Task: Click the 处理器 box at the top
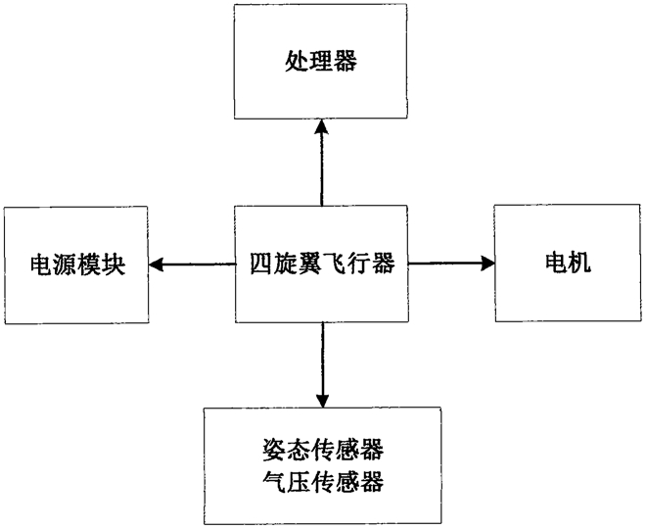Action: tap(321, 62)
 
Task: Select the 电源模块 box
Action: tap(76, 265)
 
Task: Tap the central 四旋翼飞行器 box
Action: tap(321, 264)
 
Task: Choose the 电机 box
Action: tap(568, 263)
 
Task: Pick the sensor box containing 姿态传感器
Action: tap(322, 465)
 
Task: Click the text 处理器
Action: tap(321, 62)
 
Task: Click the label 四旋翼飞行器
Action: tap(322, 263)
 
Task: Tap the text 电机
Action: tap(568, 262)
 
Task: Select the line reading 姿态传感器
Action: tap(323, 450)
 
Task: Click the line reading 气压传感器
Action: tap(323, 481)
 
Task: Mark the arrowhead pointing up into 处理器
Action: tap(321, 126)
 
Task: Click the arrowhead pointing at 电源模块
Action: tap(156, 265)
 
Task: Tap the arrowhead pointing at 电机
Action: tap(486, 264)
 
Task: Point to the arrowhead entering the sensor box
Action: tap(322, 400)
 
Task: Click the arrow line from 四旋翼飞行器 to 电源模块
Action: tap(192, 265)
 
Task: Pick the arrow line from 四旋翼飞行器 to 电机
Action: tap(451, 264)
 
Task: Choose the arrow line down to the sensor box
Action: tap(322, 365)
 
